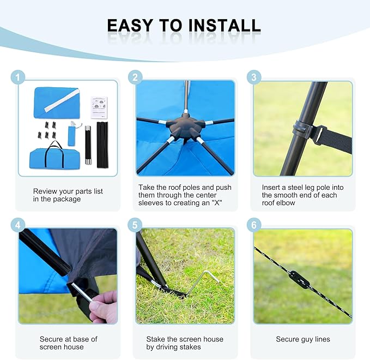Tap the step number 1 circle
pos(17,77)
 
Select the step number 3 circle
pos(254,77)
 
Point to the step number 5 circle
pos(135,225)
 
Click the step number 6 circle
pos(254,225)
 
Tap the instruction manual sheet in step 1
pos(99,107)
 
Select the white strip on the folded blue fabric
pos(62,100)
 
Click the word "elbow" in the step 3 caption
pos(286,203)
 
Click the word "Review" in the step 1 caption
pos(45,191)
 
